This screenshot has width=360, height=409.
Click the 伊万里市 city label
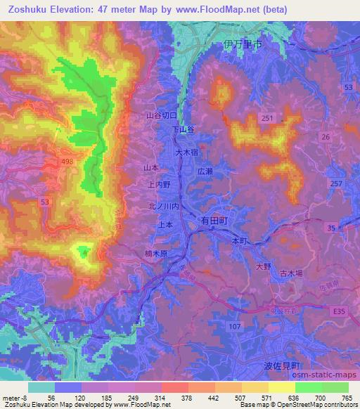241,44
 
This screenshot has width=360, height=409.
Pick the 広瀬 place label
205,171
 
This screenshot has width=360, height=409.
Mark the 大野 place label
263,266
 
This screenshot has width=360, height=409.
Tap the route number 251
266,119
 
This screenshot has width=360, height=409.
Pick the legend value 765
347,397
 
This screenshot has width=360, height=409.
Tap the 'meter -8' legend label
13,397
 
